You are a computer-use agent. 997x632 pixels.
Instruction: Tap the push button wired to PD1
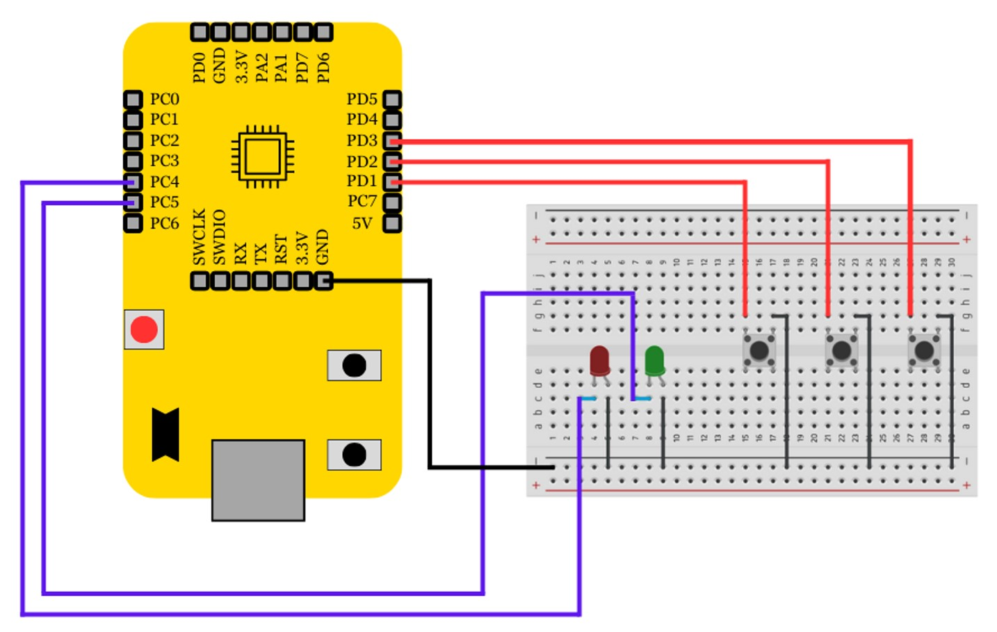point(759,350)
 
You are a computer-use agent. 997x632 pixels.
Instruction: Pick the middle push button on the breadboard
point(841,350)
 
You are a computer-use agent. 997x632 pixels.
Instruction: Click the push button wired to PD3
point(924,350)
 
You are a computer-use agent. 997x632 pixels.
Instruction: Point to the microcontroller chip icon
point(262,156)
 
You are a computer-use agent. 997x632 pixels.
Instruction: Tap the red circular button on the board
point(144,330)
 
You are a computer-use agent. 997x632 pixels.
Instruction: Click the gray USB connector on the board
point(258,480)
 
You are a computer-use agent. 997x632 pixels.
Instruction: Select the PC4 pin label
point(164,182)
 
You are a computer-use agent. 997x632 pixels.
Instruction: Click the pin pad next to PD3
point(392,141)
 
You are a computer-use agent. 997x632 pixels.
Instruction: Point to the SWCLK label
point(200,237)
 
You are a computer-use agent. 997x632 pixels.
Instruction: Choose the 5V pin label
point(362,224)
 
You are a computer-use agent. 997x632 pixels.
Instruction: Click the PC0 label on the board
point(164,99)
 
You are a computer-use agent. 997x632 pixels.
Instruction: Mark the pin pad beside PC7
point(392,203)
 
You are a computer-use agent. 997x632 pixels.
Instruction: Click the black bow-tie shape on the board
point(165,435)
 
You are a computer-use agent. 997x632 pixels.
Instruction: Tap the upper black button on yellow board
point(354,365)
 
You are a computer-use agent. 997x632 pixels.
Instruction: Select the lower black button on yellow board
point(354,455)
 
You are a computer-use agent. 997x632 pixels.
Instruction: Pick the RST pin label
point(281,250)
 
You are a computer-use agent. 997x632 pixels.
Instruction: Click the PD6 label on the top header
point(323,67)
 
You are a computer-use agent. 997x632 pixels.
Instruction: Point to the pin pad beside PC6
point(133,224)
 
